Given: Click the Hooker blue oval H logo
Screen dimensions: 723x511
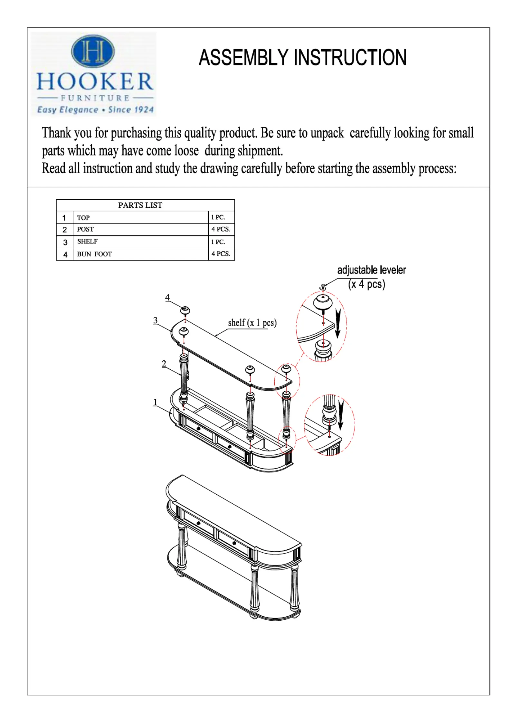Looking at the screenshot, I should pos(93,52).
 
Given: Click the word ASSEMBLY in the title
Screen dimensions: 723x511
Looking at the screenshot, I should pos(243,58).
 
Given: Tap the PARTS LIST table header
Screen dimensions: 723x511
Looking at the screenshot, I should pos(140,205).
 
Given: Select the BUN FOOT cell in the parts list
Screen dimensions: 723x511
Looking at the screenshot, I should pos(94,254).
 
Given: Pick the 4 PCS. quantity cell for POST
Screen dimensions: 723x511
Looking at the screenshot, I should pos(221,229).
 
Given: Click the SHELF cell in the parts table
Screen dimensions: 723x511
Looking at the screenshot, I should pos(87,242).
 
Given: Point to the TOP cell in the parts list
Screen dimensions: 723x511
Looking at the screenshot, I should pos(83,218).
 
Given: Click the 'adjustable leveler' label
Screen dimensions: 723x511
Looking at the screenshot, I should pos(371,270).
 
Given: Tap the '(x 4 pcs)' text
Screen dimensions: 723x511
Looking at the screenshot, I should pos(366,284).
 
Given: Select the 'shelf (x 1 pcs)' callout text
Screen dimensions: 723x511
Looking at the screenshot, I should pos(252,323).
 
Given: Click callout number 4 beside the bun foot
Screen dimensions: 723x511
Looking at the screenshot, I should pos(167,297).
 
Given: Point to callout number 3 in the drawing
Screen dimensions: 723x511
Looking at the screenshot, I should pos(156,320).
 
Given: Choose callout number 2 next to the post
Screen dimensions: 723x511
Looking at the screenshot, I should pos(164,364).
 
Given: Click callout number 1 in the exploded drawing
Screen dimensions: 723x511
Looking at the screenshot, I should pos(156,402).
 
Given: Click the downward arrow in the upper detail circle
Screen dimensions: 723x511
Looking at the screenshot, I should pos(337,324).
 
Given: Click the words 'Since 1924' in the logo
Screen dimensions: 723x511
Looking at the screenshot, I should pos(131,110).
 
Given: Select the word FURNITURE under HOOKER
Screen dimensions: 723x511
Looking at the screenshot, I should pos(95,98).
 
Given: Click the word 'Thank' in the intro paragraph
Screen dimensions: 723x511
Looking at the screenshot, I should pos(56,133).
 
